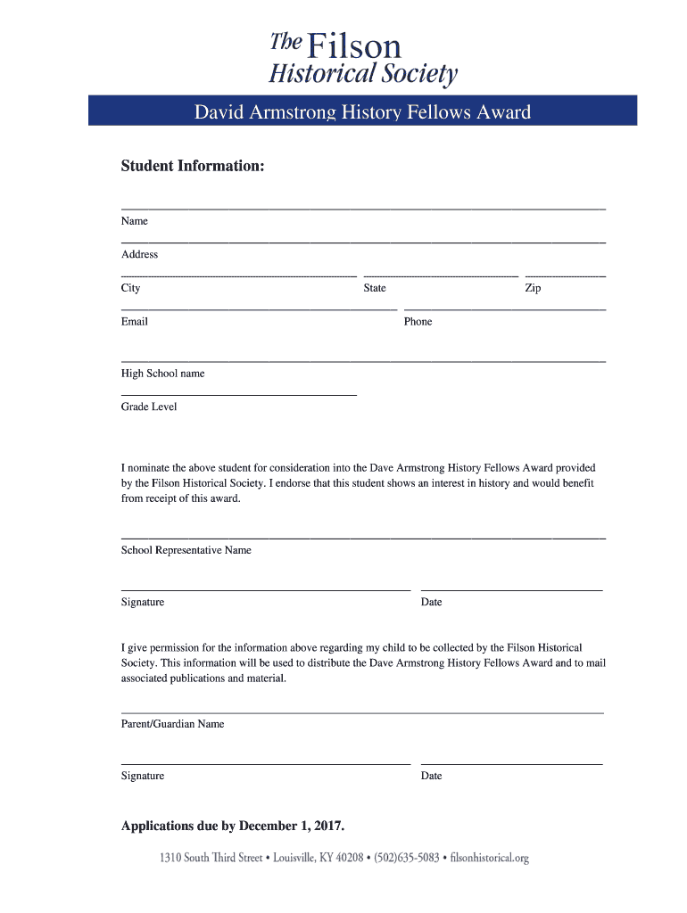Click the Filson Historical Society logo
click(x=362, y=57)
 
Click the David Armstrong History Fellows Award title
click(x=362, y=112)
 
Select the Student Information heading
click(x=193, y=167)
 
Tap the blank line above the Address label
click(x=363, y=242)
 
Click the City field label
click(x=131, y=288)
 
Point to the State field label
click(x=375, y=288)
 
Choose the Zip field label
click(x=533, y=288)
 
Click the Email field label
click(x=135, y=322)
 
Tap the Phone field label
click(x=418, y=322)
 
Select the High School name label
click(x=163, y=374)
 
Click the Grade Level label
click(x=149, y=407)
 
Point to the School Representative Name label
click(x=186, y=550)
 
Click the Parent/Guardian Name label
click(x=173, y=724)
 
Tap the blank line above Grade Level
click(x=239, y=394)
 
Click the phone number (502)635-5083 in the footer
click(x=407, y=858)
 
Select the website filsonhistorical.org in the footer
click(x=490, y=858)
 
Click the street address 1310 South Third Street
click(x=211, y=858)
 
